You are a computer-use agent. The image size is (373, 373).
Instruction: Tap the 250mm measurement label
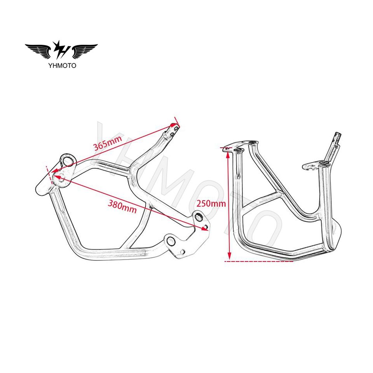click(211, 203)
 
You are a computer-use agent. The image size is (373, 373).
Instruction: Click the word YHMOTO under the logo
click(62, 65)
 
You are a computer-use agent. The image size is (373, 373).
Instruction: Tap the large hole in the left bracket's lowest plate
click(171, 242)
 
